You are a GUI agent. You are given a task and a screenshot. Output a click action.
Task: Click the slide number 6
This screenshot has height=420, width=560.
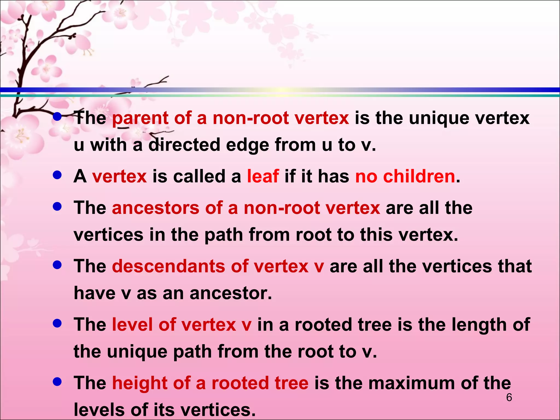(x=509, y=397)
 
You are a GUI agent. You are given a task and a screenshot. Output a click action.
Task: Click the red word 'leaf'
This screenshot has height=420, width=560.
(x=263, y=176)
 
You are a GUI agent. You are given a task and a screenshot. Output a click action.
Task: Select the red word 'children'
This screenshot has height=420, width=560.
(x=419, y=176)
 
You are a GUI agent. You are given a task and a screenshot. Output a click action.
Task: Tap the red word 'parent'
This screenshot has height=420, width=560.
(x=140, y=118)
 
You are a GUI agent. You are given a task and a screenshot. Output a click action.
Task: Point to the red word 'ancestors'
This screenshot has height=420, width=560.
(x=156, y=208)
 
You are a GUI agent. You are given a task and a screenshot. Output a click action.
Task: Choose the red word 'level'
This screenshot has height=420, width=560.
(x=132, y=325)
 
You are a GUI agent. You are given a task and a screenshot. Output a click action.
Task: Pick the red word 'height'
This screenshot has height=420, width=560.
(x=140, y=383)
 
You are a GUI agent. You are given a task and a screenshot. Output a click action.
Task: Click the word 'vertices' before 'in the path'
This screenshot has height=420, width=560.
(x=108, y=235)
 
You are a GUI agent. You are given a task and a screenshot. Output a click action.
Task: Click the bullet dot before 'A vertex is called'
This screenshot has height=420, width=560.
(x=57, y=175)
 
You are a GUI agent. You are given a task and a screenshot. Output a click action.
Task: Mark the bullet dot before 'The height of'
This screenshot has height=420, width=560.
(x=57, y=382)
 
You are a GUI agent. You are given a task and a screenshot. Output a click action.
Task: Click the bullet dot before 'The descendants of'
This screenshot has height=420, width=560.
(x=57, y=265)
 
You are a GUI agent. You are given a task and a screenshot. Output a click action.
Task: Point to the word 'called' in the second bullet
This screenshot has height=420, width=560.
(x=199, y=176)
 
